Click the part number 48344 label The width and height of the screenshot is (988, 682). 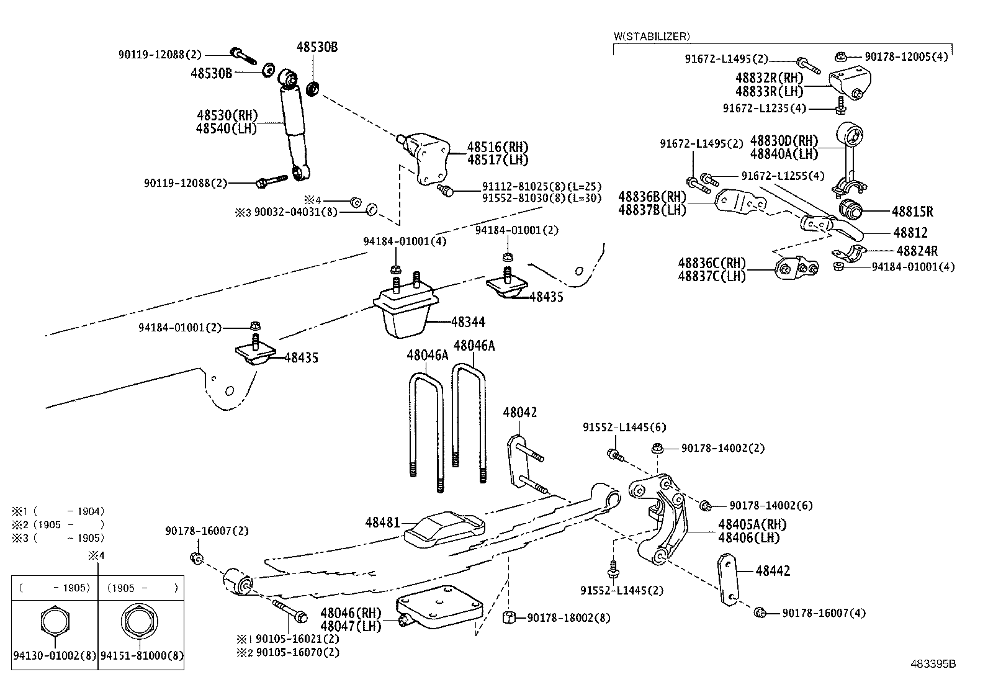pyautogui.click(x=468, y=322)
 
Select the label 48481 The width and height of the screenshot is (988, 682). pyautogui.click(x=382, y=523)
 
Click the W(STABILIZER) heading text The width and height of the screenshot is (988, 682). pyautogui.click(x=652, y=37)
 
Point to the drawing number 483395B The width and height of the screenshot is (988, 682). pyautogui.click(x=933, y=664)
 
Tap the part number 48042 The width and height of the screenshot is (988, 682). pyautogui.click(x=520, y=413)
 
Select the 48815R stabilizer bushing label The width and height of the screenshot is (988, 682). pyautogui.click(x=912, y=212)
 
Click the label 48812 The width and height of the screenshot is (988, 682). pyautogui.click(x=910, y=233)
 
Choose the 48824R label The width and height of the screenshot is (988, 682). pyautogui.click(x=917, y=251)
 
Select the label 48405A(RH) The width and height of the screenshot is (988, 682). pyautogui.click(x=752, y=525)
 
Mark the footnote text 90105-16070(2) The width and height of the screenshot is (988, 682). pyautogui.click(x=298, y=652)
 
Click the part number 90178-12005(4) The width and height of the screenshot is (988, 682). pyautogui.click(x=906, y=56)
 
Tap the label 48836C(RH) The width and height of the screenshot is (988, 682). pyautogui.click(x=712, y=263)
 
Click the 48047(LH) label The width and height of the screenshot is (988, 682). pyautogui.click(x=351, y=626)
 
